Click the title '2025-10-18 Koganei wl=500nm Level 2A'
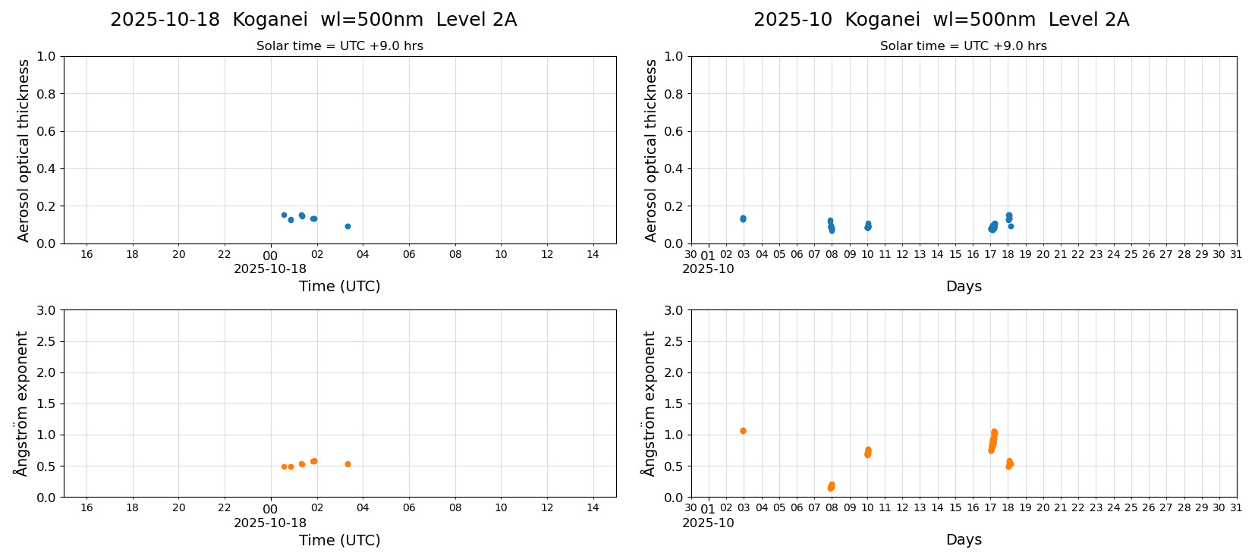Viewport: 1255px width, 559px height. [313, 20]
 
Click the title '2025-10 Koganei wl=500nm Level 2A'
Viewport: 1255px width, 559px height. [941, 20]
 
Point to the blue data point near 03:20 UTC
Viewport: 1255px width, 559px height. [348, 226]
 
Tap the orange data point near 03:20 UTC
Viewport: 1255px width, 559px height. [348, 464]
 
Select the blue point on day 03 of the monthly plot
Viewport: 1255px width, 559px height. [743, 218]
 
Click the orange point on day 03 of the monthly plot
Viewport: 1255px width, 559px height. [743, 431]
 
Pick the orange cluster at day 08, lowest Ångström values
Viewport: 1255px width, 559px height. [831, 486]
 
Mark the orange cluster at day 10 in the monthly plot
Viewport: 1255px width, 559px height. [868, 452]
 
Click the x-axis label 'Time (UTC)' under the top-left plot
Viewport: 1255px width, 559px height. [339, 286]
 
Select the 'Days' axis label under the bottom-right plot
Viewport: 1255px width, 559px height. [964, 540]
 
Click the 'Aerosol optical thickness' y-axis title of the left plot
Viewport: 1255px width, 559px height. [24, 150]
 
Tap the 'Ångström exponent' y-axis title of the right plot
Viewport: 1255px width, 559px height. [649, 404]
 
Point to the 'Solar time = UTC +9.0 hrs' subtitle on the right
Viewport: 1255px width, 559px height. [963, 46]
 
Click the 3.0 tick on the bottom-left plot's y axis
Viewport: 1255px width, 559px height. [46, 310]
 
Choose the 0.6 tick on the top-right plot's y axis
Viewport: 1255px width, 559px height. [674, 131]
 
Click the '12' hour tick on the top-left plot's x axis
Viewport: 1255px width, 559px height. [547, 254]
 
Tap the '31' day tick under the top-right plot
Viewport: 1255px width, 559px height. [1236, 254]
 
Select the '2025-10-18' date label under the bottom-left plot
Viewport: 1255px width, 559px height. [270, 523]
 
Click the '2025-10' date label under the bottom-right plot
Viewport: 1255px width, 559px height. [708, 523]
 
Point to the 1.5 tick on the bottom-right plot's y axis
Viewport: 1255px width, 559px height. [674, 404]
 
